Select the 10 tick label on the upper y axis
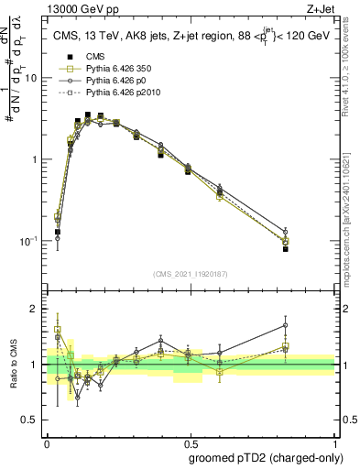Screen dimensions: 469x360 (30, 79)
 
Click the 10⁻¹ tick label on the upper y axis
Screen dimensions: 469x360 (28, 241)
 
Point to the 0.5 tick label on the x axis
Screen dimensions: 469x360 (191, 441)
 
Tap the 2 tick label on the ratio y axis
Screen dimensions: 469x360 (34, 309)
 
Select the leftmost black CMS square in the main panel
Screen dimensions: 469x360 (58, 233)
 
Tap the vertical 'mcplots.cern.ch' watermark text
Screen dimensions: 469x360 (346, 211)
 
